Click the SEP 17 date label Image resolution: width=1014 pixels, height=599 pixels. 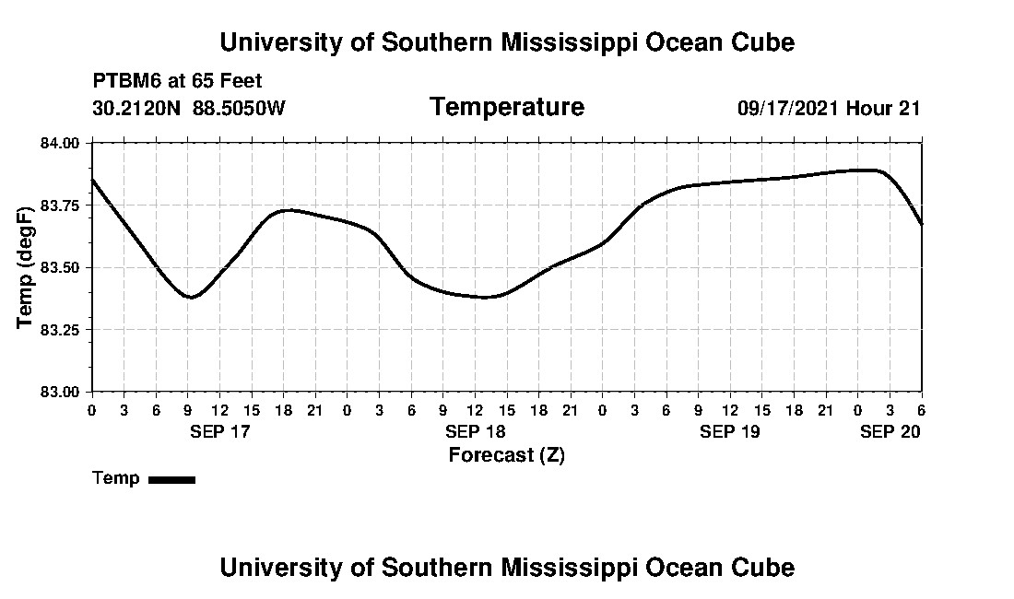click(220, 431)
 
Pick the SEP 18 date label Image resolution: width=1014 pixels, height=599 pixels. click(475, 431)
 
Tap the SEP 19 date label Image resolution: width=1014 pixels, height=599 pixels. click(729, 431)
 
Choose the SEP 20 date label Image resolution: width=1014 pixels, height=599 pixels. click(890, 431)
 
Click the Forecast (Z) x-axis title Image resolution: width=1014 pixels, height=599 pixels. click(506, 455)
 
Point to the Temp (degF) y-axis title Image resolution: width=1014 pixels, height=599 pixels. click(26, 267)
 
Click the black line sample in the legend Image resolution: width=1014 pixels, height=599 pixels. click(171, 479)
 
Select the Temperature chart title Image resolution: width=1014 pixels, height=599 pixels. click(506, 108)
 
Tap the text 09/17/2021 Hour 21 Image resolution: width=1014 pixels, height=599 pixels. click(829, 109)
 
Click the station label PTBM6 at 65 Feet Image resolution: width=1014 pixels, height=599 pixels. click(178, 81)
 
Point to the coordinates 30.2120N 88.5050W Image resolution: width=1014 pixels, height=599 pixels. click(189, 109)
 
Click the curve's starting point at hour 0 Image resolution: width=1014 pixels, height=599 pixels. click(92, 180)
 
